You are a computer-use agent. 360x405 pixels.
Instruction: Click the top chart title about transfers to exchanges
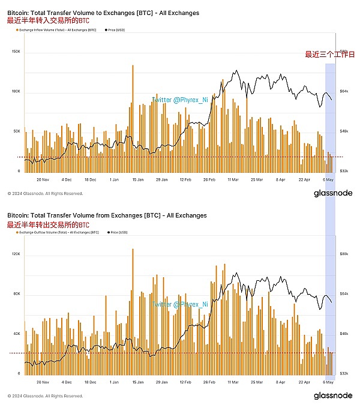tap(103, 13)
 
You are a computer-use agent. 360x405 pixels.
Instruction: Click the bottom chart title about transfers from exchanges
tap(106, 215)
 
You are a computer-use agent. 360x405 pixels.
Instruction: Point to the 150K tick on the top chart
tap(16, 53)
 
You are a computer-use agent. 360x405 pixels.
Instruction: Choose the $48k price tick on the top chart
tap(343, 131)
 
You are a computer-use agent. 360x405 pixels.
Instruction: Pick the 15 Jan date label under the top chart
tap(137, 179)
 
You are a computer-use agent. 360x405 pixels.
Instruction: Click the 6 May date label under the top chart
tap(328, 179)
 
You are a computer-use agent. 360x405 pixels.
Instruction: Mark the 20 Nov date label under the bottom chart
tap(42, 382)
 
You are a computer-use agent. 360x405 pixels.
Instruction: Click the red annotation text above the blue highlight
tap(329, 55)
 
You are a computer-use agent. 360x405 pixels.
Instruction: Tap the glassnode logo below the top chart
tap(332, 193)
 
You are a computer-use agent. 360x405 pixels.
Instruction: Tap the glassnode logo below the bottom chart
tap(332, 396)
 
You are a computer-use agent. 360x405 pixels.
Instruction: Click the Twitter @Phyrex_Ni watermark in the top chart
tap(179, 100)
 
